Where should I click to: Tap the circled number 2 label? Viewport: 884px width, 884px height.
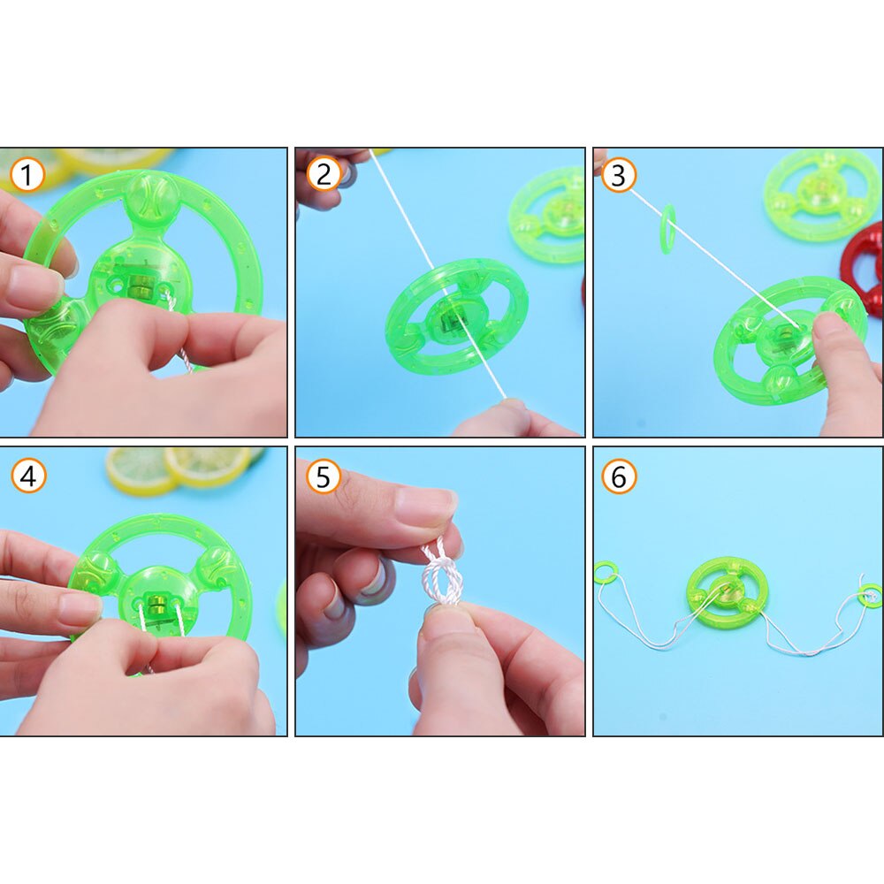[324, 175]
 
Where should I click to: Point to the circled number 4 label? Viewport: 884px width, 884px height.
[27, 476]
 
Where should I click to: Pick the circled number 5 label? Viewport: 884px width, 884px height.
[324, 476]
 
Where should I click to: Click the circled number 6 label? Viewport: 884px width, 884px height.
[619, 476]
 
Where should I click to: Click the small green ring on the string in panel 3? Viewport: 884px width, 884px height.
[667, 229]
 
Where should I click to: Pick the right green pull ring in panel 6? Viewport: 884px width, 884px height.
[870, 593]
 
